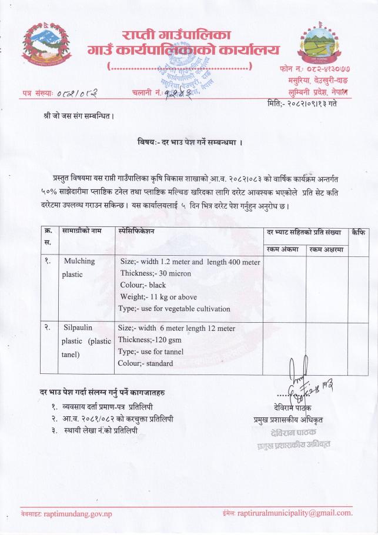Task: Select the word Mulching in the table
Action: coord(79,261)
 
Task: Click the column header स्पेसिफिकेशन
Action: coord(136,232)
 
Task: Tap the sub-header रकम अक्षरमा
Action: coord(327,249)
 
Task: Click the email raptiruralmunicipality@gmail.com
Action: coord(295,513)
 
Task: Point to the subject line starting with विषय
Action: coord(189,143)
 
